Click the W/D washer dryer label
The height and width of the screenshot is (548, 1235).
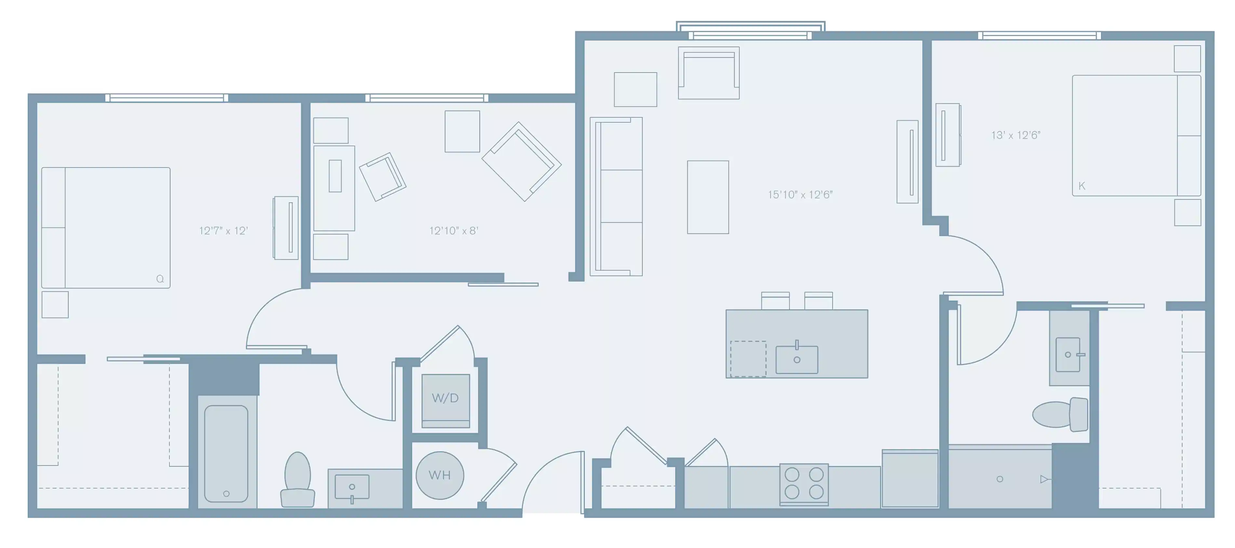[x=445, y=398]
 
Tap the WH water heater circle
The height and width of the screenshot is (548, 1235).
[x=440, y=475]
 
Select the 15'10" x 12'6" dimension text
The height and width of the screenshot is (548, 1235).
[x=800, y=195]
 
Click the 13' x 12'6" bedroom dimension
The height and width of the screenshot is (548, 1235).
[x=1015, y=135]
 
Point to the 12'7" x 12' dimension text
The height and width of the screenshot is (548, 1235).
[x=223, y=231]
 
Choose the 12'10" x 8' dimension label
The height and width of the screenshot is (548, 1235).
[x=453, y=231]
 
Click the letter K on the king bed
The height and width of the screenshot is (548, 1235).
[x=1081, y=186]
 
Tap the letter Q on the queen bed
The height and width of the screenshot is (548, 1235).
[x=160, y=279]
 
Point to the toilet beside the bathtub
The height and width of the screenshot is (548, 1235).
[x=297, y=479]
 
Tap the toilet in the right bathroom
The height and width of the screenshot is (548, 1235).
[x=1060, y=415]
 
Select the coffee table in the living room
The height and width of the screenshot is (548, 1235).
[x=708, y=197]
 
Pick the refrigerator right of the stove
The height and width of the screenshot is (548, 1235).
[x=909, y=478]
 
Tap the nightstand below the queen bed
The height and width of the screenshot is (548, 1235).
[x=55, y=304]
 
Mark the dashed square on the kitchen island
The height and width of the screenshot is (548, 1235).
[x=748, y=359]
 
